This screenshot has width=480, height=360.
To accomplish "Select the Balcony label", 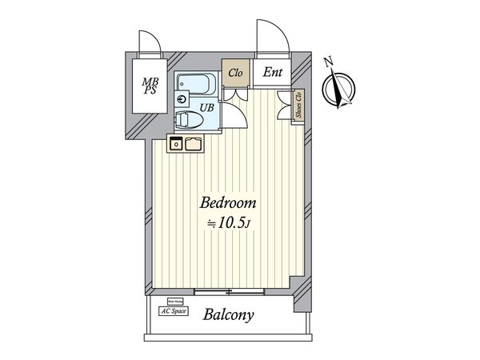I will coord(228,314).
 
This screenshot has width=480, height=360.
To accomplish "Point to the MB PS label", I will coord(150,85).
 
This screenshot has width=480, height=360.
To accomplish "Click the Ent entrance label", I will coord(273,72).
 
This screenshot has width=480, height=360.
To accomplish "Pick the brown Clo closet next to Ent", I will coord(235,73).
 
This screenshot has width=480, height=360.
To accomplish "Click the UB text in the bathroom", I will coord(206,106).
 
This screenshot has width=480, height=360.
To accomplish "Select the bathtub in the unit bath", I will coord(194,82).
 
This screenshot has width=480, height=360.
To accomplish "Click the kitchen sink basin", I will coord(194,144).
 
